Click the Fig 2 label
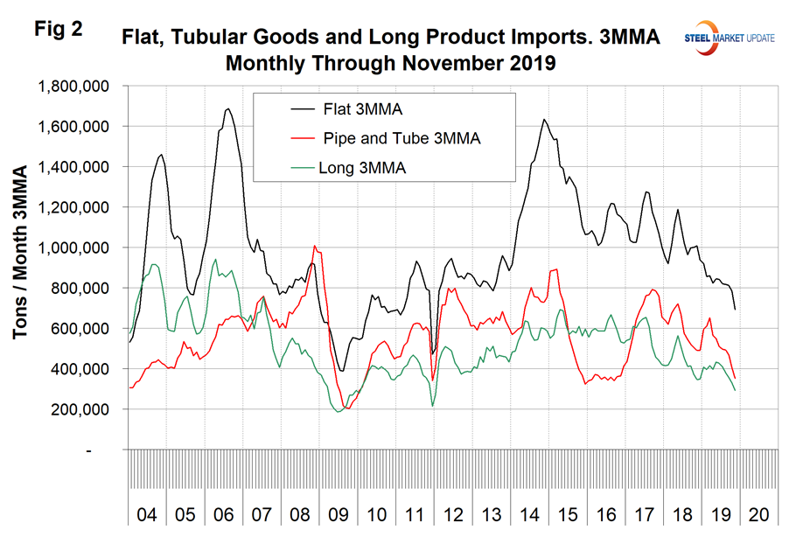tap(59, 29)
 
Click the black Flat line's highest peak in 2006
tap(228, 108)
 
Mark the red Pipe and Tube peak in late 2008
tap(315, 246)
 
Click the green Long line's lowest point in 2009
tap(339, 411)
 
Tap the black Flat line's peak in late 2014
tap(544, 119)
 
